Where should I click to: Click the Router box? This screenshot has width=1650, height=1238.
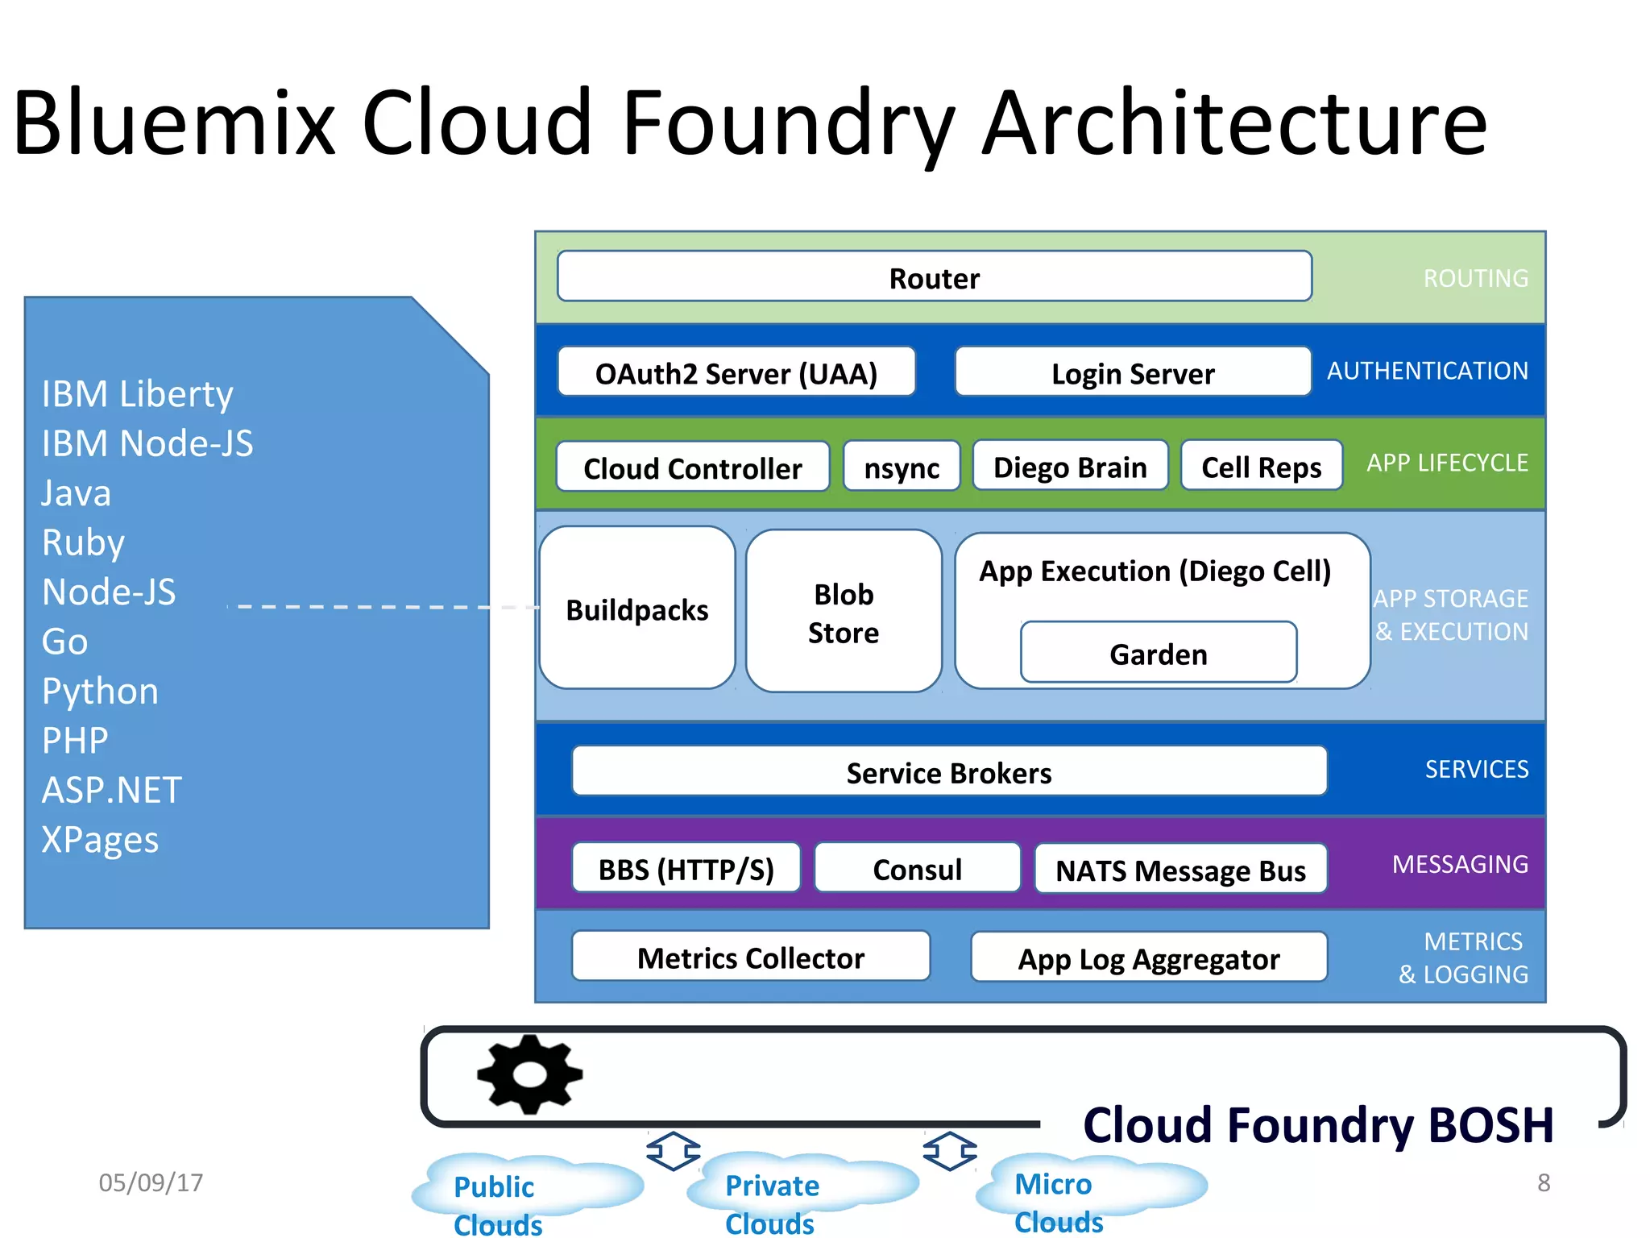[934, 277]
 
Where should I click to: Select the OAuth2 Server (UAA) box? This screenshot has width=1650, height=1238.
[736, 372]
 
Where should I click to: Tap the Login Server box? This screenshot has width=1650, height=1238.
[1133, 372]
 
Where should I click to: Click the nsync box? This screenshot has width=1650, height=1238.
[902, 467]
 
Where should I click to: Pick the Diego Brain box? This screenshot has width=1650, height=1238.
[1070, 466]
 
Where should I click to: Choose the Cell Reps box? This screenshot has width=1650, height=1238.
[1261, 466]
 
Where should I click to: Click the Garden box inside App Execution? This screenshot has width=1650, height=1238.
[1159, 653]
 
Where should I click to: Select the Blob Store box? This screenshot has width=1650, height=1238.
[844, 612]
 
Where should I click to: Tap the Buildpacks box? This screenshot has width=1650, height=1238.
[637, 609]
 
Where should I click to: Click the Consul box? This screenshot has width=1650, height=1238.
[917, 869]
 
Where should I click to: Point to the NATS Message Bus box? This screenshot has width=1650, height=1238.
[1180, 870]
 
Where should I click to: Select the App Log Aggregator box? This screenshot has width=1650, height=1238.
[1149, 958]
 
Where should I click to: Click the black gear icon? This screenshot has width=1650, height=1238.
[529, 1074]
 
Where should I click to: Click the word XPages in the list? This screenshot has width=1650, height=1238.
[101, 840]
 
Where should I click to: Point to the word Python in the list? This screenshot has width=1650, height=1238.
[101, 692]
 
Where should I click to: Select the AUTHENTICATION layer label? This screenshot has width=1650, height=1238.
[1428, 371]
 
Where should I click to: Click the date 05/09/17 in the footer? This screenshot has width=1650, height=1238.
[151, 1182]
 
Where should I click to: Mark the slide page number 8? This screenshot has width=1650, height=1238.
[1544, 1182]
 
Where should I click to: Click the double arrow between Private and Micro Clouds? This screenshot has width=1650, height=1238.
[950, 1151]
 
